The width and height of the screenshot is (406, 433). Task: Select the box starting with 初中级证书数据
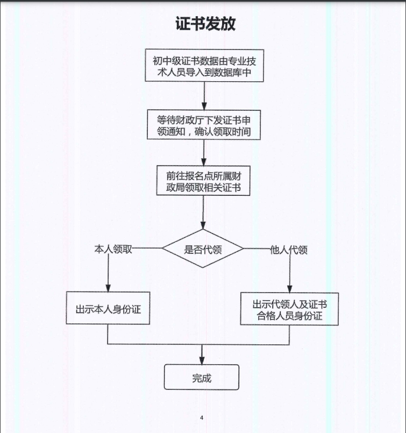205,66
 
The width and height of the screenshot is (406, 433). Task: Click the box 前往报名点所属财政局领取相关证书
203,181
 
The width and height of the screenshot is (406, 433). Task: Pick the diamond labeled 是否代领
203,249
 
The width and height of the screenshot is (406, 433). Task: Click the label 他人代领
289,250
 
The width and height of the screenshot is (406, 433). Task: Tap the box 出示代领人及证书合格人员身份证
289,310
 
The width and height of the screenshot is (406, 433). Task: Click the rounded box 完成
202,378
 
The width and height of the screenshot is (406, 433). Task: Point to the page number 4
202,417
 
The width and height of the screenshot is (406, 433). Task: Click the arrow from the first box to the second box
204,96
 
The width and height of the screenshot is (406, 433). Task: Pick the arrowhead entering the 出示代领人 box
290,287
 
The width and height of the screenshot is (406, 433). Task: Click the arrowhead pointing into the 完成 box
202,358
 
